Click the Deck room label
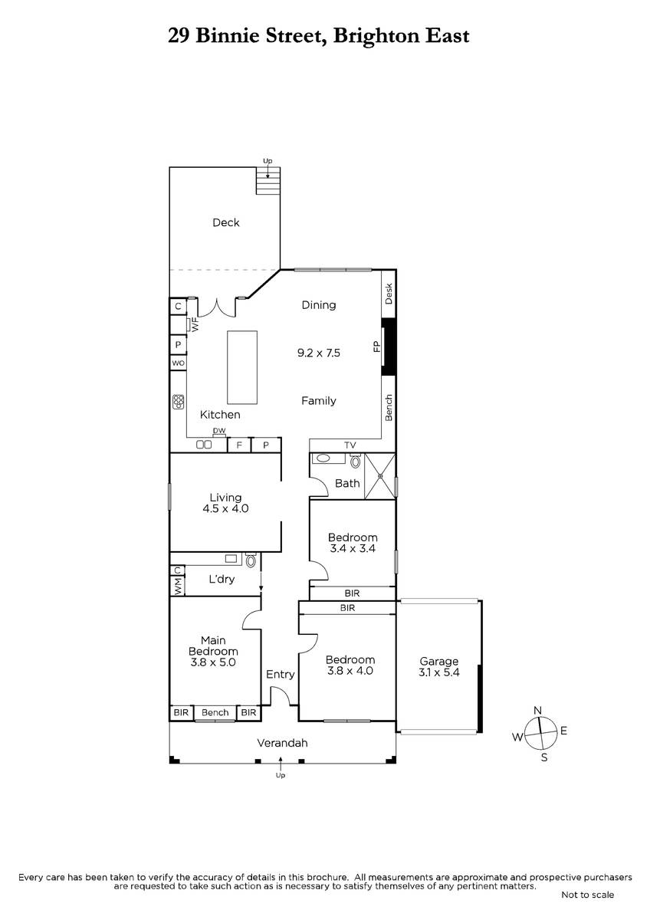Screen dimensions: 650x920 [226, 222]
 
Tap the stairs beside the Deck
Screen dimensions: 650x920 [268, 180]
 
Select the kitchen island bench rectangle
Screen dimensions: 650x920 [242, 367]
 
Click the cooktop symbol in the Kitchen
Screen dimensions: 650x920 [178, 402]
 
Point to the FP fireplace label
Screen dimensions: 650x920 [376, 347]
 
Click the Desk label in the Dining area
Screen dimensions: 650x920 [389, 294]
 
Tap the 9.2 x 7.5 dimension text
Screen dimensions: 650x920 [319, 353]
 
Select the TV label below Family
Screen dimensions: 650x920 [350, 445]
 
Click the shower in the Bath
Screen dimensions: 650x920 [380, 476]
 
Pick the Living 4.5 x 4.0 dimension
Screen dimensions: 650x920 [225, 508]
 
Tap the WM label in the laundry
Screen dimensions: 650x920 [178, 586]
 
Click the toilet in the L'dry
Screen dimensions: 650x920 [251, 560]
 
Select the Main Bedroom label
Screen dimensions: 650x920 [213, 646]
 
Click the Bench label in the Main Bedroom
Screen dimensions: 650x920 [215, 712]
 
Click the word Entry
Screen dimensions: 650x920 [280, 674]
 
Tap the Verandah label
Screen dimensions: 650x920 [282, 743]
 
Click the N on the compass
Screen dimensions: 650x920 [537, 710]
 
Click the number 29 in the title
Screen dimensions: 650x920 [179, 36]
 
